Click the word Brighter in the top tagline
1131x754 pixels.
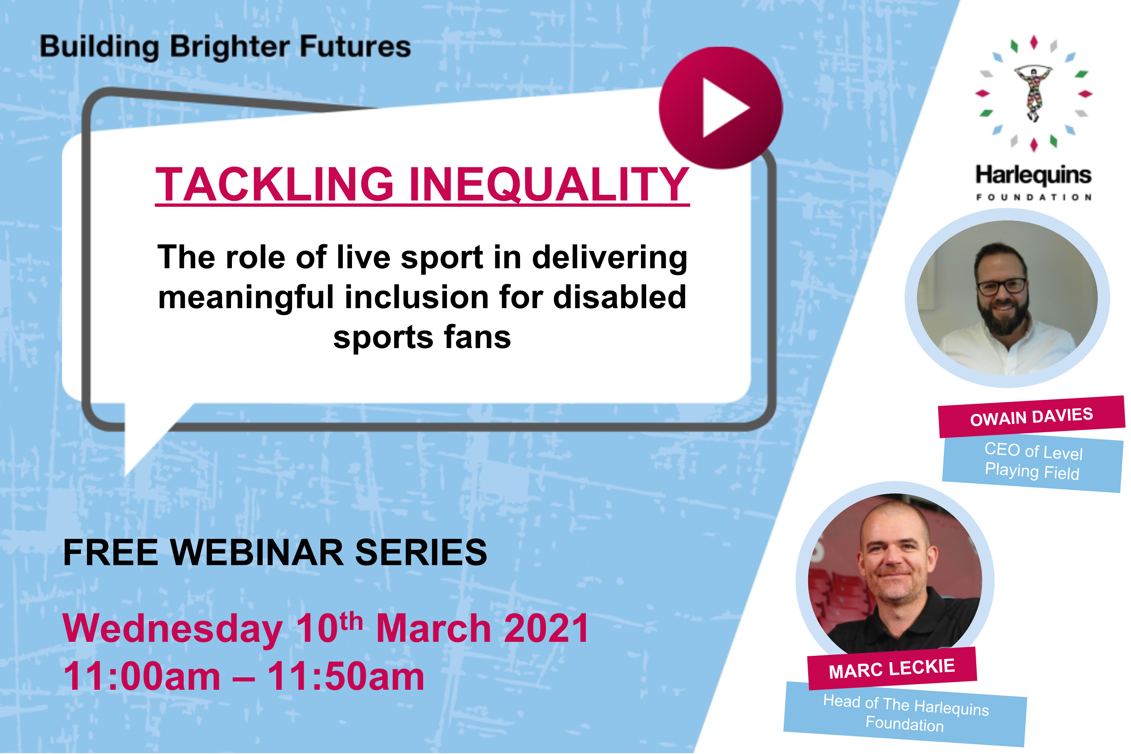tap(230, 47)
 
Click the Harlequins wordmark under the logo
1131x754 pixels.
tap(1033, 176)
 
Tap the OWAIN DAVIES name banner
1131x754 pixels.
tap(1032, 416)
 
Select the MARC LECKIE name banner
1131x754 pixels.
tap(892, 669)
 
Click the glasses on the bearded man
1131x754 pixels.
tap(1002, 287)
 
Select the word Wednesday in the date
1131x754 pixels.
tap(172, 630)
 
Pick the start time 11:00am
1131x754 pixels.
tap(142, 676)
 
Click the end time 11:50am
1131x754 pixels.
tap(346, 676)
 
